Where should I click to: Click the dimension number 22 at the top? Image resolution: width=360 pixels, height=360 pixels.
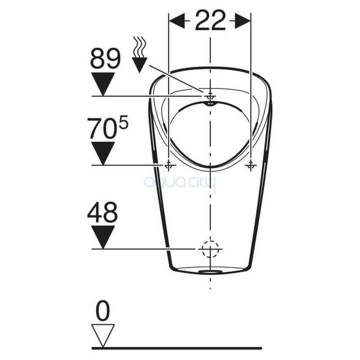tap(210, 21)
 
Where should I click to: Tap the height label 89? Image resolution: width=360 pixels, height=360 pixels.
tap(105, 58)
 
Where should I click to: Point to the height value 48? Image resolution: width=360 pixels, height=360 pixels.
tap(103, 212)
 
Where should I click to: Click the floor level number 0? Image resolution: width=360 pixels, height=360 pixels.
tap(103, 310)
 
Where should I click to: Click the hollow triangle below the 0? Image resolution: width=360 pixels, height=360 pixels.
tap(103, 336)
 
